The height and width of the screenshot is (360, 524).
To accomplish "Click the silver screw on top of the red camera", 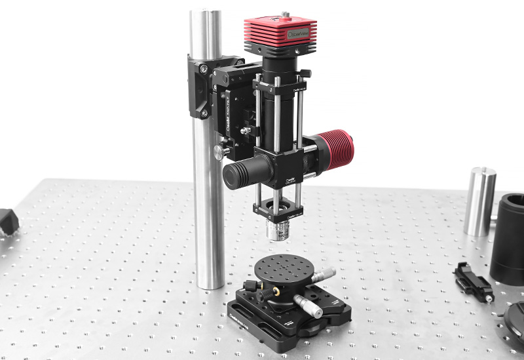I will (286, 13).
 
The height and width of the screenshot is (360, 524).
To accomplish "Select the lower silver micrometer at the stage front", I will (307, 305).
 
